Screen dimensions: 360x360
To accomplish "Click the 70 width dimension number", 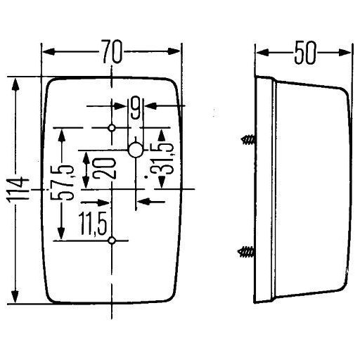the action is point(112,51).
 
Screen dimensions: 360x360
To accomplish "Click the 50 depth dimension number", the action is point(305,53).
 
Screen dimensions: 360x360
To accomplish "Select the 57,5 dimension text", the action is point(61,182).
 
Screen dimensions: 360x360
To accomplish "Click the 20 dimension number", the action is point(103,168).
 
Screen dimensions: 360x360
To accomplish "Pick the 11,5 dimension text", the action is point(93,224).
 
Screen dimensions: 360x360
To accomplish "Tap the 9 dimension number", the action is point(136,108).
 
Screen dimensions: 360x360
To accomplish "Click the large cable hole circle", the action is point(136,150).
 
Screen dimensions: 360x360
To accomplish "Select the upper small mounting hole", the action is point(112,128).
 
